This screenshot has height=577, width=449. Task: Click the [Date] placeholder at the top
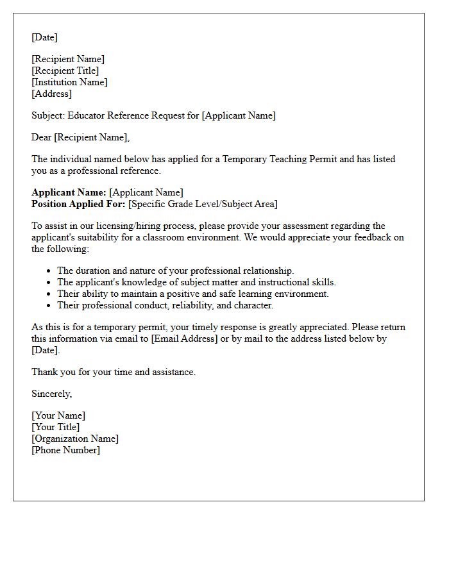[x=44, y=37]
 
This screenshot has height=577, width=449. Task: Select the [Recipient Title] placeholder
[x=65, y=71]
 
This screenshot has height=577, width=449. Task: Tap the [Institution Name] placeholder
[x=69, y=82]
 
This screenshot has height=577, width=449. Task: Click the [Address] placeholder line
[x=51, y=94]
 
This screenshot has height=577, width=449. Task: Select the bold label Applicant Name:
[x=69, y=192]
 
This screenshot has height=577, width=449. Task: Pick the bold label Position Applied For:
[x=78, y=204]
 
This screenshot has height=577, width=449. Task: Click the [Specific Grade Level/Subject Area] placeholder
[x=203, y=204]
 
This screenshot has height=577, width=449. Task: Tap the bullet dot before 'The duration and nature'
[x=48, y=271]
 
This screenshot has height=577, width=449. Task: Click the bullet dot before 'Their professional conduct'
[x=48, y=306]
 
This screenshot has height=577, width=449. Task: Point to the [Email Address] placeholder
[x=184, y=339]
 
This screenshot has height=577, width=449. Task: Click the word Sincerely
[x=51, y=394]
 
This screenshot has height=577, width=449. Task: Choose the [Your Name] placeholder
[x=58, y=415]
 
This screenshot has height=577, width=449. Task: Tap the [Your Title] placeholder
[x=56, y=427]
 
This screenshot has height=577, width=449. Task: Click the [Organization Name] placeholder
[x=75, y=439]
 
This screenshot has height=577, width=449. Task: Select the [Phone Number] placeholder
[x=65, y=450]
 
